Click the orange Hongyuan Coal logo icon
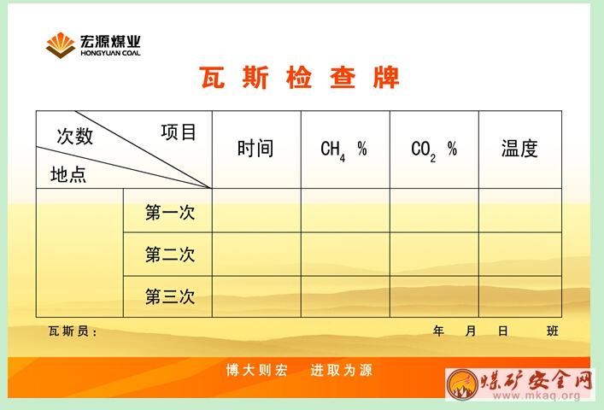(60, 45)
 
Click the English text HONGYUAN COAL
(110, 53)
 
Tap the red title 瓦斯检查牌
(299, 78)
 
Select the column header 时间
(255, 149)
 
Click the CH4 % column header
(343, 150)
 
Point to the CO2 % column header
(434, 150)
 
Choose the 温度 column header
(519, 149)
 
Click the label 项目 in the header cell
(179, 132)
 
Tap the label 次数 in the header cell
(75, 136)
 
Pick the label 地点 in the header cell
(68, 174)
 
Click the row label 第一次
(170, 212)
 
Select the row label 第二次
(170, 255)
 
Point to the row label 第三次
(170, 296)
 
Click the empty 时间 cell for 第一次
(256, 210)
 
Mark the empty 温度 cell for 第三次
(520, 296)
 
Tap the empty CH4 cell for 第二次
(345, 254)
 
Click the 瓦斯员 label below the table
(73, 331)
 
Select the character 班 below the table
(553, 331)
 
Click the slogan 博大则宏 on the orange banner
(256, 371)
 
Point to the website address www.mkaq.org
(537, 395)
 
